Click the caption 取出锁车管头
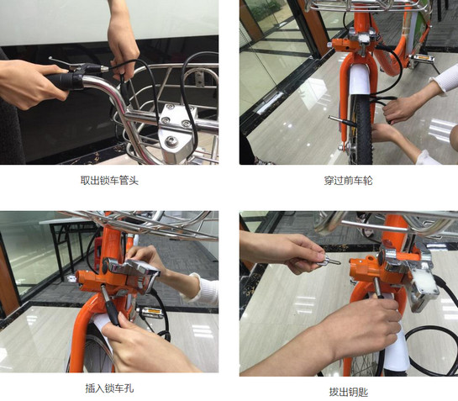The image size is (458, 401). (109, 181)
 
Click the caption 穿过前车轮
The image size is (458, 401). (348, 181)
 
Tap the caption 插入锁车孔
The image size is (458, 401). (109, 388)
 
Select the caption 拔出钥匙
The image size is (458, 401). (348, 392)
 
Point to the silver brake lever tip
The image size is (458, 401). (51, 58)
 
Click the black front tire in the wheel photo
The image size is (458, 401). (363, 132)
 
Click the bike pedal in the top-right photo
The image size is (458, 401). (421, 59)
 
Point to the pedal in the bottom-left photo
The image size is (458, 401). (151, 312)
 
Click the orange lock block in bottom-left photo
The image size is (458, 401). (93, 280)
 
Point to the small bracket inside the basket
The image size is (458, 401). (199, 78)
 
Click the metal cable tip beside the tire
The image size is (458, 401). (337, 119)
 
